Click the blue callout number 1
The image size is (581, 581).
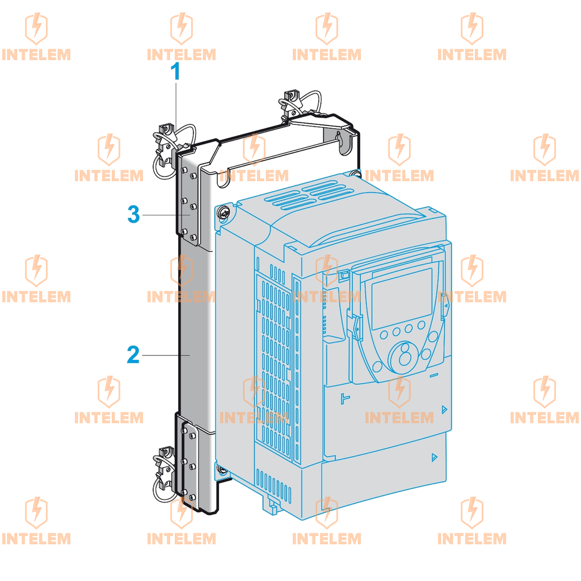point(175,71)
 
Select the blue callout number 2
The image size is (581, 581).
point(133,355)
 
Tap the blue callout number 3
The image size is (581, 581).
point(133,214)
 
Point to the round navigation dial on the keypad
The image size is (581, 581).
point(403,357)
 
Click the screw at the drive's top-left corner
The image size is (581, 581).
point(224,213)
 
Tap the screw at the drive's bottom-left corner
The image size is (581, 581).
point(222,470)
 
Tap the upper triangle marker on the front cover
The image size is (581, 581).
point(444,410)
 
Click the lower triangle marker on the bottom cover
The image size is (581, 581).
point(434,457)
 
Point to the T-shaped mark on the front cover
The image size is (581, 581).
point(344,398)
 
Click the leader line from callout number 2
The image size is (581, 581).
point(166,355)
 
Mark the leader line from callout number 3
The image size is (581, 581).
point(166,215)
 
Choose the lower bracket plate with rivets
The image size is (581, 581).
point(189,463)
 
